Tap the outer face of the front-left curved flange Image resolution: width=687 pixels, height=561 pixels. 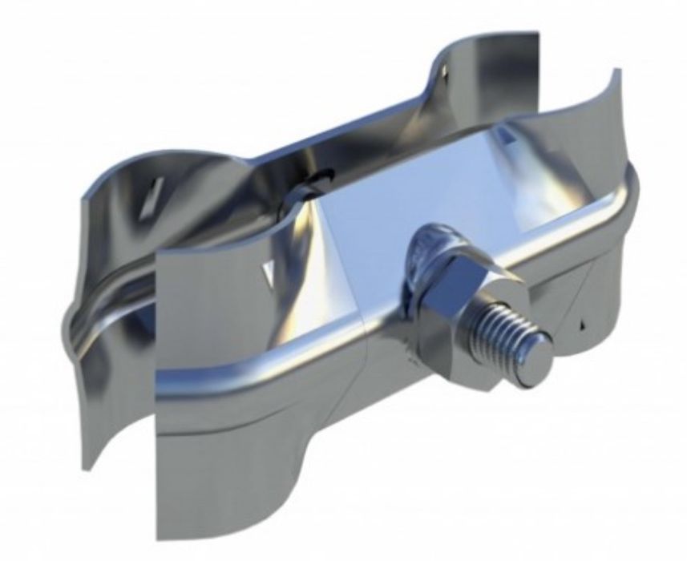coord(200,385)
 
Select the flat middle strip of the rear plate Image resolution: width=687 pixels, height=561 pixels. coord(265,144)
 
